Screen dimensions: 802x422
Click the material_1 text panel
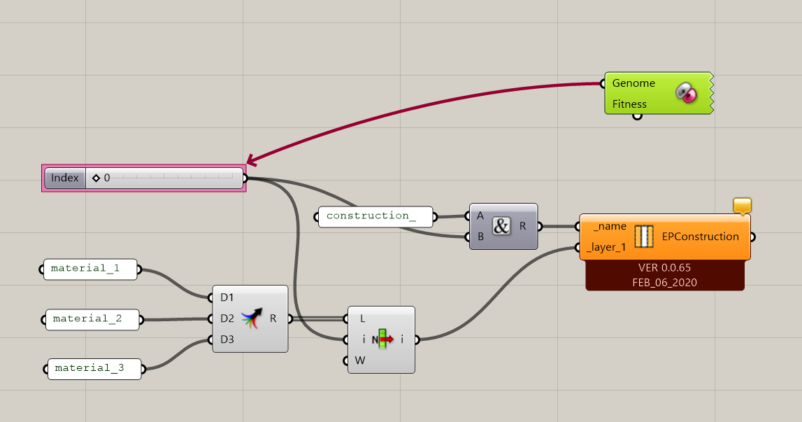90,269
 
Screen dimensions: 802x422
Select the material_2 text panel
92,320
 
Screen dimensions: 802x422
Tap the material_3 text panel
94,369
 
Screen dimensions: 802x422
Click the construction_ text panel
375,217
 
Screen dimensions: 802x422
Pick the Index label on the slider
65,178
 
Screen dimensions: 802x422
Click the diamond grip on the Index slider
96,178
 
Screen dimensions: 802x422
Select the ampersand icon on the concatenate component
501,226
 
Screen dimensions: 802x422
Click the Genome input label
633,83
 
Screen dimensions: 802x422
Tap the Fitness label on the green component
629,104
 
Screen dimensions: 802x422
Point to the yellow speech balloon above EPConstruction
742,206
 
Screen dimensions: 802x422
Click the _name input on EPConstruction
610,226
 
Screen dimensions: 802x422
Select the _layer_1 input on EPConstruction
606,247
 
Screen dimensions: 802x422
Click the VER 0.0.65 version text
664,268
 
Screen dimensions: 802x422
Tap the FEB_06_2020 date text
664,283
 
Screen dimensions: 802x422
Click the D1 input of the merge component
227,297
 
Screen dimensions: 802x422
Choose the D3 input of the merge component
227,339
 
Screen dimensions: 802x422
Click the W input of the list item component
360,360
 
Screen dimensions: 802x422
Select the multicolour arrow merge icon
252,318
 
